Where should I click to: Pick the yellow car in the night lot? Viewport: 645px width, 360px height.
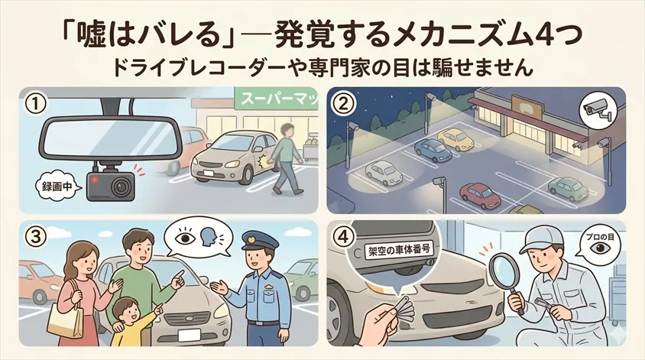[x=455, y=138]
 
